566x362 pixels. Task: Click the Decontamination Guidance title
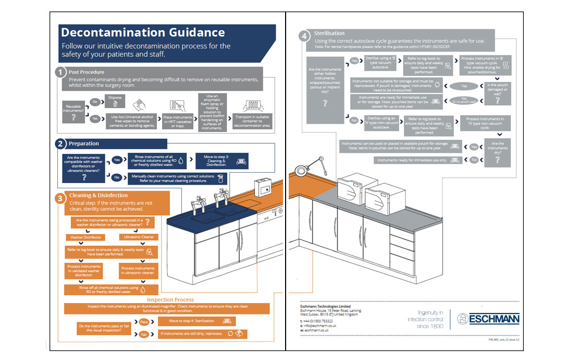pos(143,32)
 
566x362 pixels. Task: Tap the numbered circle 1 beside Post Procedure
pos(61,72)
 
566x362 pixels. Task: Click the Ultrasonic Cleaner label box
pos(139,237)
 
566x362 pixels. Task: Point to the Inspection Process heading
pos(170,299)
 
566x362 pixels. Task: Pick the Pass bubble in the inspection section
pos(144,322)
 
